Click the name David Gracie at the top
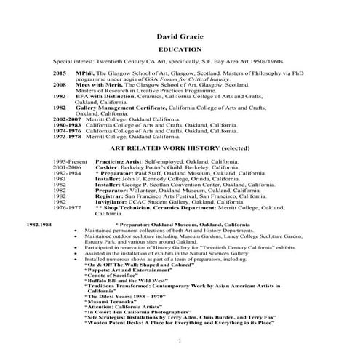tap(180, 35)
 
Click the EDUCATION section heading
tap(180, 49)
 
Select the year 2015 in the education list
tap(60, 73)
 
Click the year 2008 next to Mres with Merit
tap(60, 84)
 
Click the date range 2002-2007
tap(68, 119)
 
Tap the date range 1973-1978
tap(68, 135)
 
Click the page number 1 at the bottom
tap(180, 341)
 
